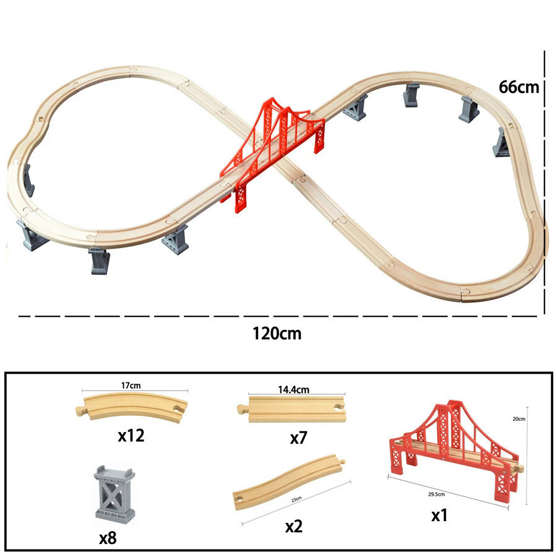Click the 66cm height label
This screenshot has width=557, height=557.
519,87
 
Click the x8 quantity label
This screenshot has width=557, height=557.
108,538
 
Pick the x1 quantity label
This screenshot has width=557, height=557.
439,515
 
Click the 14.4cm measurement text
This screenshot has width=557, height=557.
293,390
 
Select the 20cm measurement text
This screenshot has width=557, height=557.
520,419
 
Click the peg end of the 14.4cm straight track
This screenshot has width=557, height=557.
241,408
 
